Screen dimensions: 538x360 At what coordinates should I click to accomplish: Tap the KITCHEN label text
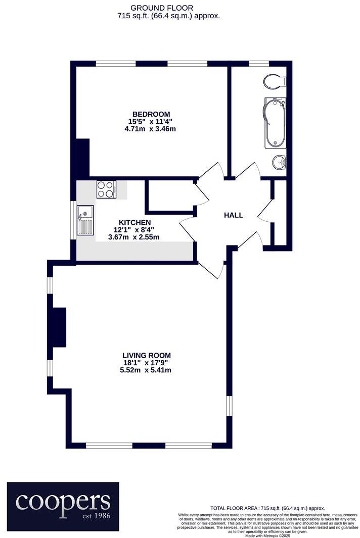134,222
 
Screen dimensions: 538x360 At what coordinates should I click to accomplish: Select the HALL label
234,215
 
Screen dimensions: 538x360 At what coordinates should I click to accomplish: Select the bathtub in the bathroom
275,123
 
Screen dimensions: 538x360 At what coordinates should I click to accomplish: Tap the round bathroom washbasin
279,162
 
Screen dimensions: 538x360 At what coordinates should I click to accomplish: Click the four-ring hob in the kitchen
106,189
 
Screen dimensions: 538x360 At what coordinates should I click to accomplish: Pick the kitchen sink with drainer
85,221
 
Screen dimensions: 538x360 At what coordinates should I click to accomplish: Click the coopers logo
63,501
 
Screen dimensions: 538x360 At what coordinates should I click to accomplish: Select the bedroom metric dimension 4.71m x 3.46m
150,129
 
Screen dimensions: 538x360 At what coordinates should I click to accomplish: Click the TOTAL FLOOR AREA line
267,508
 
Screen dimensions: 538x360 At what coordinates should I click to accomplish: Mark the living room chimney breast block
59,327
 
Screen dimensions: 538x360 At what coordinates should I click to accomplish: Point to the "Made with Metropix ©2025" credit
267,535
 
